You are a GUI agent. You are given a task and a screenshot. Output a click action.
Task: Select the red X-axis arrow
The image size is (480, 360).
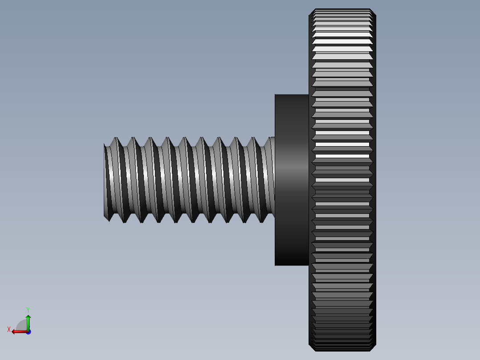[19, 331]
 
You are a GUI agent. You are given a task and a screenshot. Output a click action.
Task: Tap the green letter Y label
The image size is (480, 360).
[28, 309]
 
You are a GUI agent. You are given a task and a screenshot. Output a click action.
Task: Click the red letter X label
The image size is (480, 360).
[8, 329]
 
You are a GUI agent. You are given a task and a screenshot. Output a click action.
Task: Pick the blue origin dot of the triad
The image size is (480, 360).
[28, 332]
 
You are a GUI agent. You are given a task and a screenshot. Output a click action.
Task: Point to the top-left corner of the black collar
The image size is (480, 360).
[275, 94]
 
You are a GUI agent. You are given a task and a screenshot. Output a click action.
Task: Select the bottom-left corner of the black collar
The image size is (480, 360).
[275, 265]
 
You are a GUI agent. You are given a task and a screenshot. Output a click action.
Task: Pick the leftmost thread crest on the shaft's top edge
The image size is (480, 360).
[117, 138]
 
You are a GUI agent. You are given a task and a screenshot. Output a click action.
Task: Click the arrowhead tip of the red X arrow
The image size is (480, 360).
[12, 331]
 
